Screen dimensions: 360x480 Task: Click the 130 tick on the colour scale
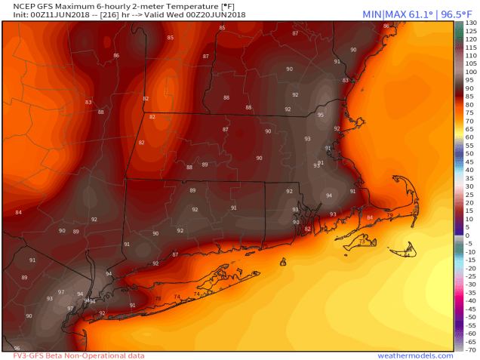(470, 23)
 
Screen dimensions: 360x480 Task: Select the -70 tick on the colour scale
(469, 349)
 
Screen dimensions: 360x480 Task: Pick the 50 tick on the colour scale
(469, 154)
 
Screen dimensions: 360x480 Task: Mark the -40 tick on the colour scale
(469, 300)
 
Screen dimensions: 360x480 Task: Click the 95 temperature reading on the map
(321, 115)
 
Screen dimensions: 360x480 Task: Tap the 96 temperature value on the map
(17, 348)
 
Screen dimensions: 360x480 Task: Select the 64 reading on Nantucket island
(406, 255)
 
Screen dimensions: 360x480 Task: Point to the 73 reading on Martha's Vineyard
(362, 242)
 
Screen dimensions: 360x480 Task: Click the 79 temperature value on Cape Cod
(389, 215)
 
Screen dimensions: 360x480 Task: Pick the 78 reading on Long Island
(158, 299)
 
